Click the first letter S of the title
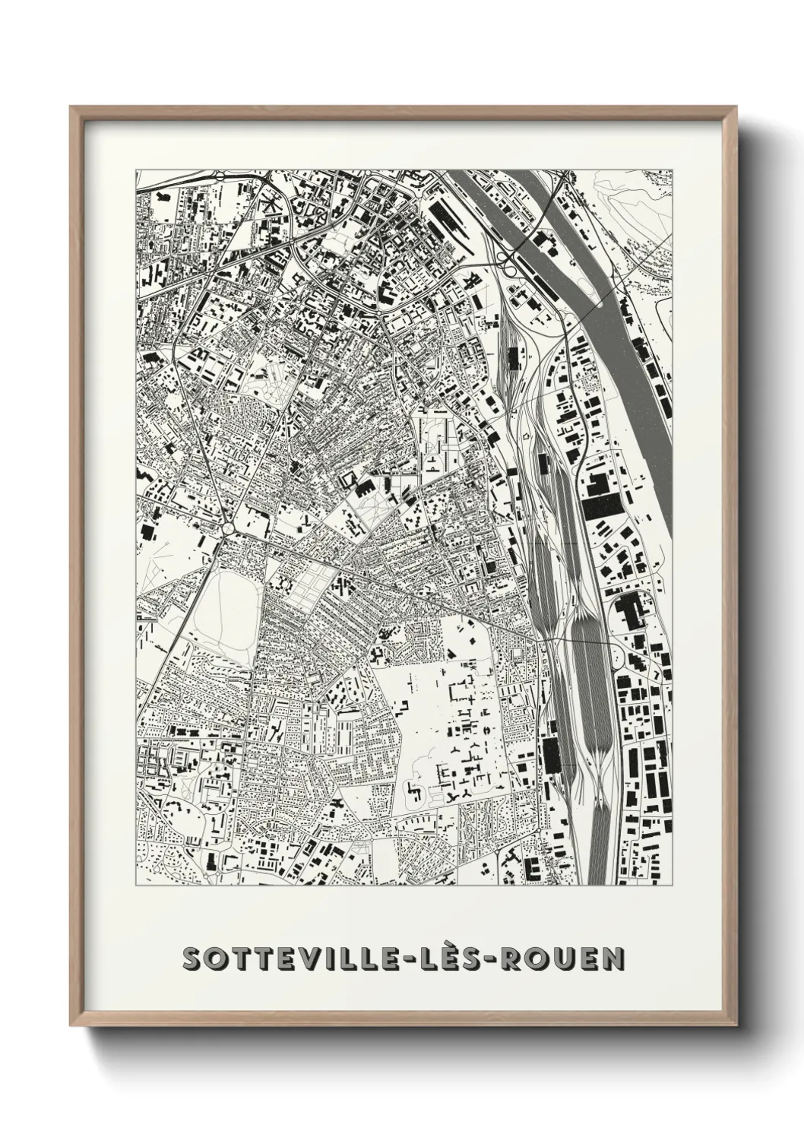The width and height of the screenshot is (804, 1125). [192, 959]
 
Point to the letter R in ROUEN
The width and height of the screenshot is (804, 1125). [518, 959]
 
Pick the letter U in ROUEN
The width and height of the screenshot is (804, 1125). [567, 959]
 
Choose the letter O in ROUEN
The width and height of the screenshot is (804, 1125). [543, 959]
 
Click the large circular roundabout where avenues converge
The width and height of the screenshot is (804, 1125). [228, 526]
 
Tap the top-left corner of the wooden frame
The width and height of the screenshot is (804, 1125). [71, 107]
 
